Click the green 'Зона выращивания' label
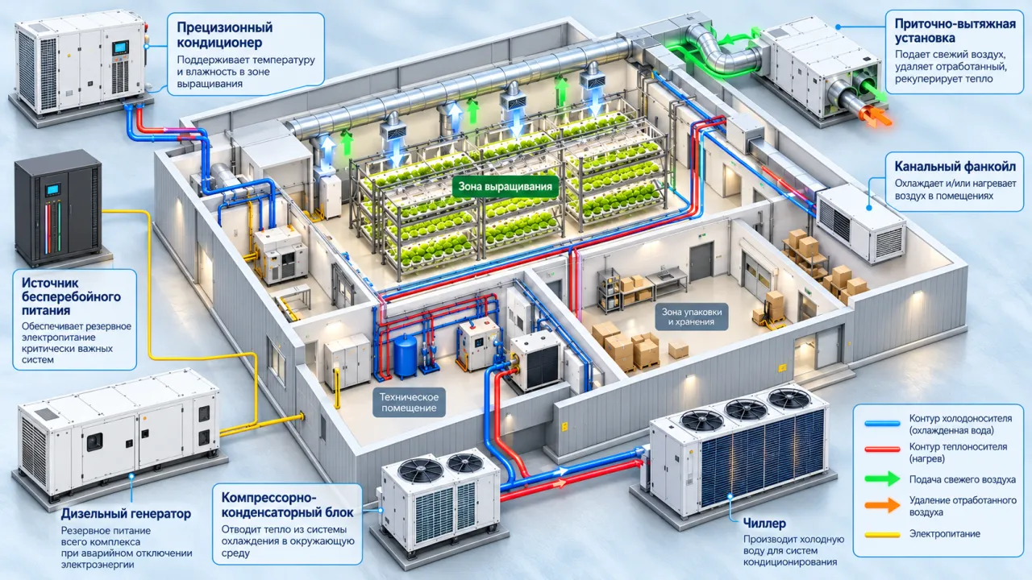[505, 186]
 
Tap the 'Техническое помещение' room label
[409, 402]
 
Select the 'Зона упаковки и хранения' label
[692, 317]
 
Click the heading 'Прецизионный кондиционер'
[225, 35]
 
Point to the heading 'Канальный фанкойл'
[955, 166]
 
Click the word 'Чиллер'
[764, 524]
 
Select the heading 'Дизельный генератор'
[126, 513]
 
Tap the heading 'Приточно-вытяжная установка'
[955, 31]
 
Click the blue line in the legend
[882, 424]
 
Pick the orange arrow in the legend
[882, 505]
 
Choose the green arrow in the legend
[882, 478]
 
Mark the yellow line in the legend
[882, 535]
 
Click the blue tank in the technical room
[406, 356]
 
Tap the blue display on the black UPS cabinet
[53, 189]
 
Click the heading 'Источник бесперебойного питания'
[72, 296]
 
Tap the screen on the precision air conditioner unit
[121, 48]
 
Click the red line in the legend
[882, 449]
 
